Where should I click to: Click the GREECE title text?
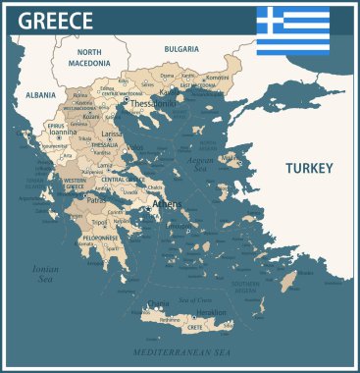click(x=56, y=21)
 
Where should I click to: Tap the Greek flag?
click(x=293, y=30)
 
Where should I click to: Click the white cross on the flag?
click(x=270, y=20)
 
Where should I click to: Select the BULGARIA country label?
click(x=181, y=48)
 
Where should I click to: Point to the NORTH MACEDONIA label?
click(x=89, y=57)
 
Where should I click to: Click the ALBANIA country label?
click(x=34, y=96)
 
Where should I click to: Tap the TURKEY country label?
click(x=310, y=168)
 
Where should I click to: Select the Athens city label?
click(x=168, y=204)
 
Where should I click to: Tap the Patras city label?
click(x=96, y=199)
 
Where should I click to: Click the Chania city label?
click(x=157, y=303)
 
